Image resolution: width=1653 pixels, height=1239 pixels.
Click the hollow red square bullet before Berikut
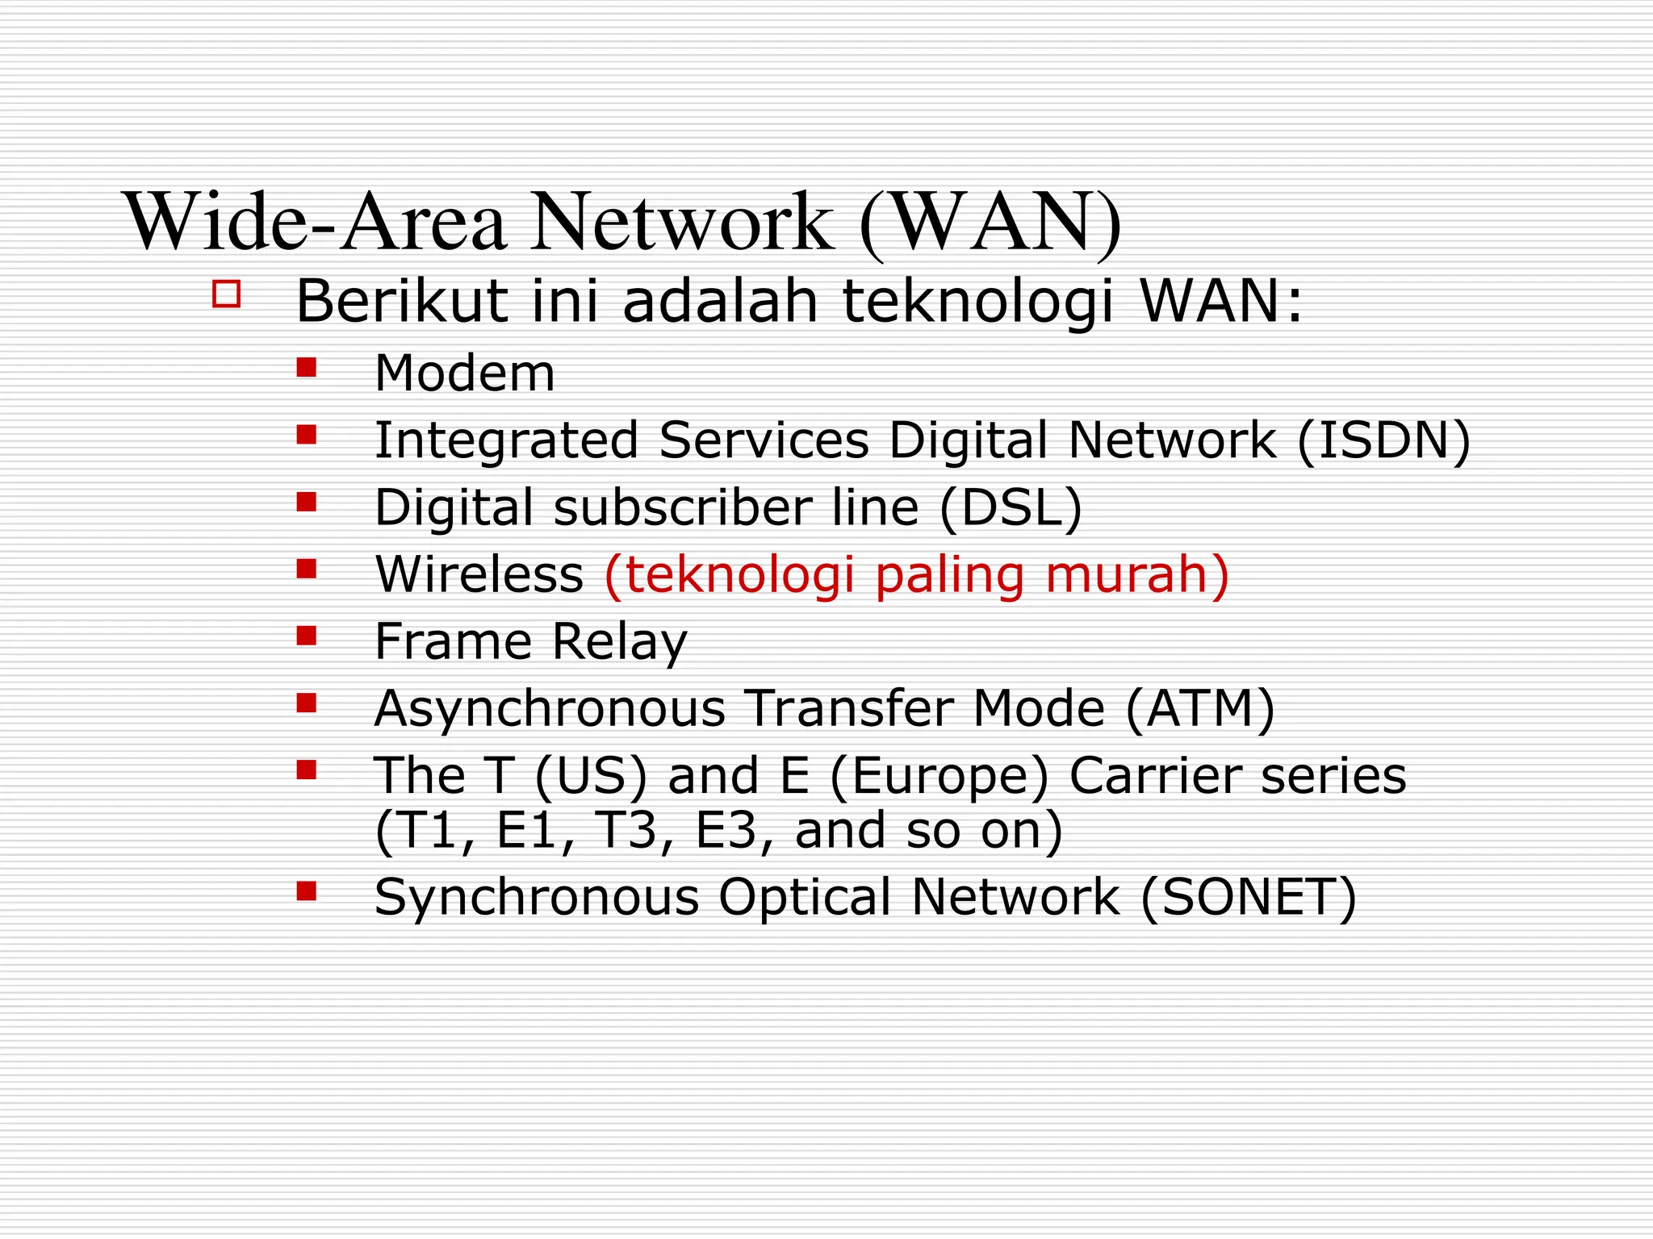[x=227, y=294]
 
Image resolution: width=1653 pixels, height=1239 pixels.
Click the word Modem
[x=465, y=373]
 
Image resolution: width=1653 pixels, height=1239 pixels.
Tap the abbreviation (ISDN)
[x=1383, y=440]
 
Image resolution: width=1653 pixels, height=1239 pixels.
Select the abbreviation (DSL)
[x=1011, y=507]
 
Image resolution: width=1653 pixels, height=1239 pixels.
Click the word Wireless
[x=479, y=574]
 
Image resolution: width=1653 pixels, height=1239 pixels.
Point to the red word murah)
[x=1137, y=574]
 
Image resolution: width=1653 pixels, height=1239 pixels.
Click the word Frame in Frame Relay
[x=453, y=641]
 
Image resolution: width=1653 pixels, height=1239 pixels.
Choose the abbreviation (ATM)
[x=1199, y=708]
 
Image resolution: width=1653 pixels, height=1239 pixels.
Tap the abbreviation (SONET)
[x=1249, y=897]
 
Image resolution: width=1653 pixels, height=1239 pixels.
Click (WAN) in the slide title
[x=990, y=222]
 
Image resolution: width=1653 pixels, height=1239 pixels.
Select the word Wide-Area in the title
[x=316, y=222]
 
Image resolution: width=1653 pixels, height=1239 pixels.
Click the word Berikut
[x=402, y=301]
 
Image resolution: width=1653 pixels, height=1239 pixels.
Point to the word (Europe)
[x=939, y=776]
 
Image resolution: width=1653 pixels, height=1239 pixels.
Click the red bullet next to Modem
[x=306, y=369]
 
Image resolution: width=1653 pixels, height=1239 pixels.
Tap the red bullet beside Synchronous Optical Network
[x=306, y=891]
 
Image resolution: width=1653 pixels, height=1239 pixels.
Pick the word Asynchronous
[x=550, y=708]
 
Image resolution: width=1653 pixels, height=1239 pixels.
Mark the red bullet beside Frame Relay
[x=306, y=636]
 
